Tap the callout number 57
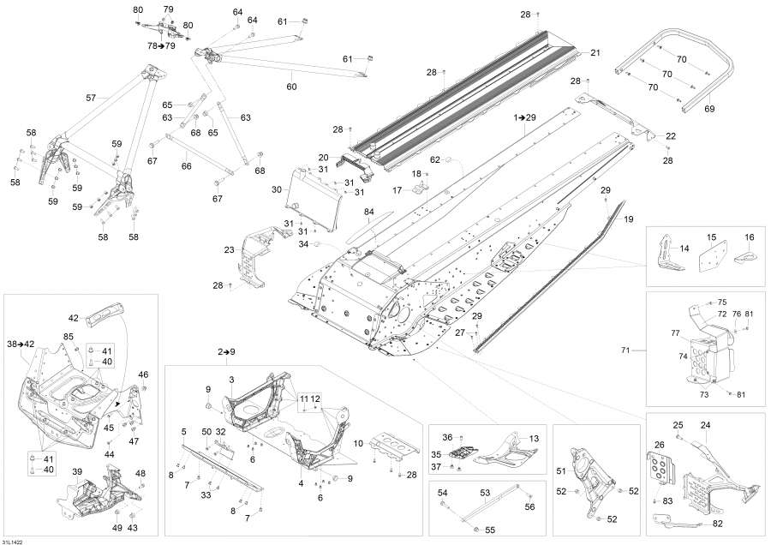pos(91,98)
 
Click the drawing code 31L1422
pos(13,540)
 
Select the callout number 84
pos(369,212)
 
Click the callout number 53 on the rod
pos(484,493)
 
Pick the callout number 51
pos(562,470)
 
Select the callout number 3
pos(231,379)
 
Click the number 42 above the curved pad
pos(73,317)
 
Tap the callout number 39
pos(76,471)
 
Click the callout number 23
pos(229,250)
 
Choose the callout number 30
pos(277,189)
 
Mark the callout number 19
pos(628,219)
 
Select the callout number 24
pos(706,425)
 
